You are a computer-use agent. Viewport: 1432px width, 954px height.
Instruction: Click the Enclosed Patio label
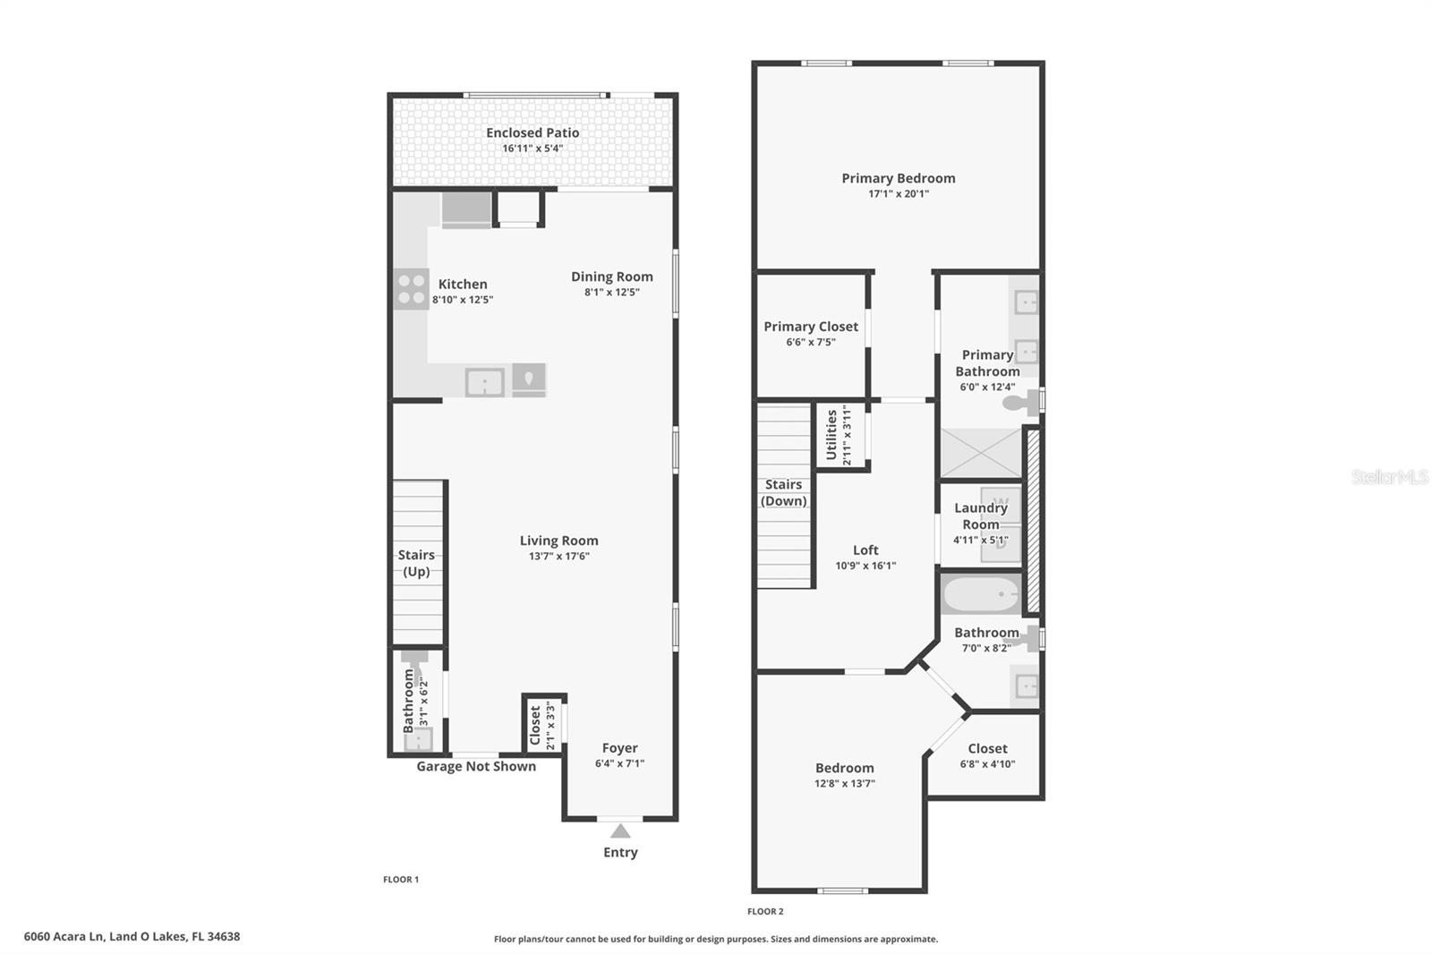point(533,132)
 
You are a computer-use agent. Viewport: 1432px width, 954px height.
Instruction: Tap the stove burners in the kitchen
point(411,289)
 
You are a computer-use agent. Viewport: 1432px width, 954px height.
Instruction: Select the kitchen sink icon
point(484,383)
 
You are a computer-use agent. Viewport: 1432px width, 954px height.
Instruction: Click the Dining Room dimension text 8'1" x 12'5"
point(612,293)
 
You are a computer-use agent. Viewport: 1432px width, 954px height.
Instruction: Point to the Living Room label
point(558,541)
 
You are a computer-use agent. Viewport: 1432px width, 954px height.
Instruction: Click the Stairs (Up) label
point(416,563)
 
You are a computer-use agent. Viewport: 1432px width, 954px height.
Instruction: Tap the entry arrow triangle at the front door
point(620,831)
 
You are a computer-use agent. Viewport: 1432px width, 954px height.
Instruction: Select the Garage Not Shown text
point(476,766)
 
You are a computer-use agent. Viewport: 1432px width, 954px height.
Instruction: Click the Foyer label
point(619,748)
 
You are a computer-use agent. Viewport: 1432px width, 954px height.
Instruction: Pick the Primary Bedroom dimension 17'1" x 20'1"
point(898,193)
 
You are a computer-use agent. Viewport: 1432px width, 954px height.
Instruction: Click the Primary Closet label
point(811,327)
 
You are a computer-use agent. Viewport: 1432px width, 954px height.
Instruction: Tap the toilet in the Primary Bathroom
point(1018,403)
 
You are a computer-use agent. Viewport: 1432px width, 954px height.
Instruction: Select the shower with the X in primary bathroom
point(980,453)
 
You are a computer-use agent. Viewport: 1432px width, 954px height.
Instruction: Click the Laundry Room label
point(981,515)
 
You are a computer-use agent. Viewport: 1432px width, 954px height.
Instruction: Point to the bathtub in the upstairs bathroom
point(982,594)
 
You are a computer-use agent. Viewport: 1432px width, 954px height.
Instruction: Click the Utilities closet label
point(831,435)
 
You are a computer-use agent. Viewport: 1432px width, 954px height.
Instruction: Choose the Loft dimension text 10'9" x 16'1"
point(865,566)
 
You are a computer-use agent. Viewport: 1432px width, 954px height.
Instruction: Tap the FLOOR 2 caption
point(765,911)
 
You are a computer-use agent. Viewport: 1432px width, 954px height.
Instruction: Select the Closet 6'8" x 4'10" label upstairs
point(987,748)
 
